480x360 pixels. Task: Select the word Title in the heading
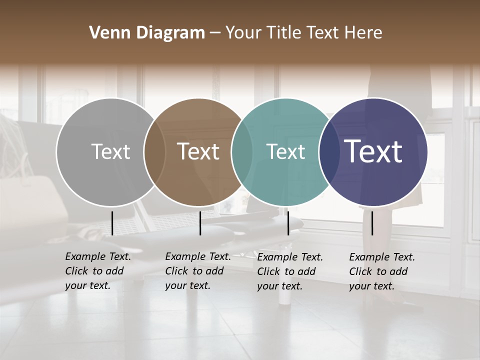point(283,33)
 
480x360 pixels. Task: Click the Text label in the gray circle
point(110,151)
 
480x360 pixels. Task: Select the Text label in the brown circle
point(198,151)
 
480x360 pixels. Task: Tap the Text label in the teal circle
point(286,151)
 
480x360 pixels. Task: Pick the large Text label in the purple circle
point(373,151)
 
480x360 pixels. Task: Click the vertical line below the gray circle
point(112,223)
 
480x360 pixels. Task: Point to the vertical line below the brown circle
point(200,223)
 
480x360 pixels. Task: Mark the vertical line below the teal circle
point(288,223)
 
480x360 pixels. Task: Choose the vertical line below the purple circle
point(372,223)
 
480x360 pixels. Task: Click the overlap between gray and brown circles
point(154,152)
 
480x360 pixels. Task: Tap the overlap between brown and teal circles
point(242,152)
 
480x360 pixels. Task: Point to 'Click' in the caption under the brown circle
point(176,271)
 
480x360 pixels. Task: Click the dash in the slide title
point(214,33)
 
